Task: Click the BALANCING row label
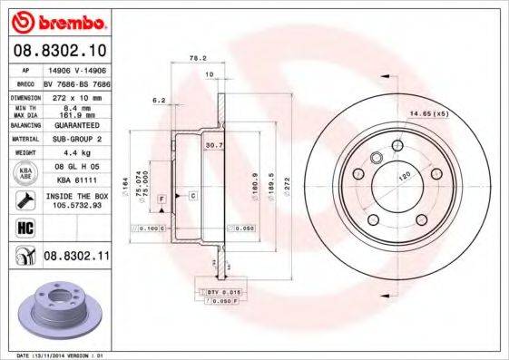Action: pyautogui.click(x=23, y=124)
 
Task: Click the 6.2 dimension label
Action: pyautogui.click(x=158, y=100)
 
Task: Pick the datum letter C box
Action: pyautogui.click(x=192, y=195)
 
